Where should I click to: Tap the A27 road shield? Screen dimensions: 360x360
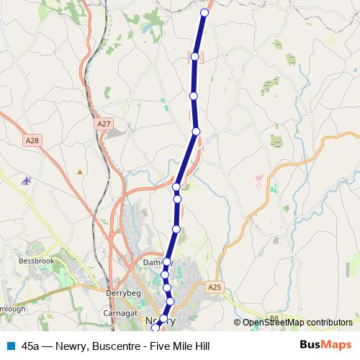(104, 124)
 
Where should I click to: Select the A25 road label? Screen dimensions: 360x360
(214, 287)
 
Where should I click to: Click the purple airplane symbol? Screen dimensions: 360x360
(27, 180)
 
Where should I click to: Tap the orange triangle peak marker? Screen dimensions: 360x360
(80, 171)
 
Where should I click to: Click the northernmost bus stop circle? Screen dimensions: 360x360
(204, 13)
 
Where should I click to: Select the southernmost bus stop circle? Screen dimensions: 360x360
(156, 329)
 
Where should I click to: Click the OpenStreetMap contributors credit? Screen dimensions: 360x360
(297, 323)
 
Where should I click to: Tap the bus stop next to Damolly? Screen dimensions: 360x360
(167, 262)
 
